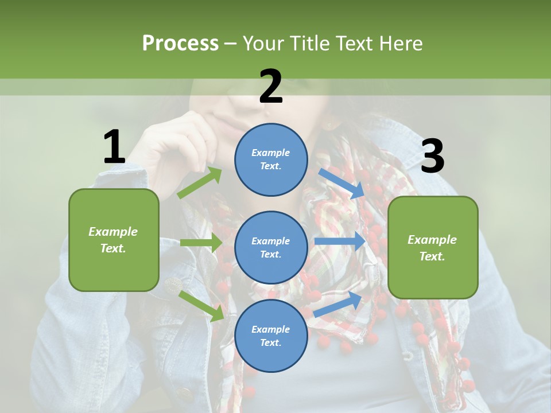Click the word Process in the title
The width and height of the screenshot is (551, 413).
point(180,44)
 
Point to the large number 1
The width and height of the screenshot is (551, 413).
point(114,147)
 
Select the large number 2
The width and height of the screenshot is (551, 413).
point(271,87)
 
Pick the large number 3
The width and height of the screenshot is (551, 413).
point(432,157)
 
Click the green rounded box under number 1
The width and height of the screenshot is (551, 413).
point(114,240)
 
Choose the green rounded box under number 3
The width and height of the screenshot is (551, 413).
point(433,247)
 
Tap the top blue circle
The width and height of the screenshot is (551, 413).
point(271,159)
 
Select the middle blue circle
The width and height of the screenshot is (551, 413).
point(271,247)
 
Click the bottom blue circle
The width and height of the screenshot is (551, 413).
point(271,336)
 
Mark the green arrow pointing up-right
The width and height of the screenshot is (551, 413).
point(200,182)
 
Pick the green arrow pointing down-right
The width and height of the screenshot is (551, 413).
point(201,306)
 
